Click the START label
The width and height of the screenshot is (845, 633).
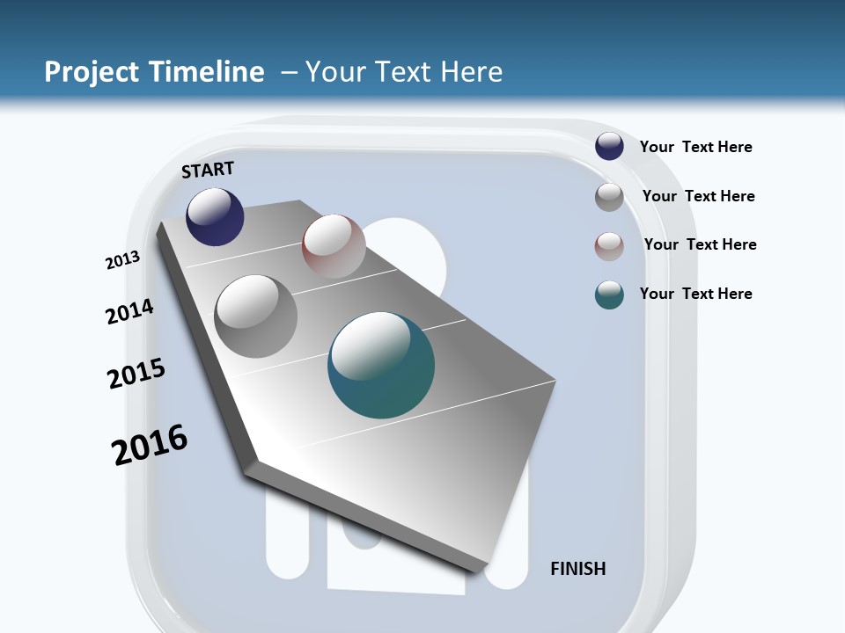[208, 170]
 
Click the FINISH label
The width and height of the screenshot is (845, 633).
[577, 569]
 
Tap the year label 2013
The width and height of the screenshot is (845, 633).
[123, 260]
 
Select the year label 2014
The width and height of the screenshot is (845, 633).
[129, 311]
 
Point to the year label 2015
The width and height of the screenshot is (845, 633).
[136, 374]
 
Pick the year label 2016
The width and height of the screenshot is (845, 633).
[150, 444]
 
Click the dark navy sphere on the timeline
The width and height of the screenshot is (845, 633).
[215, 216]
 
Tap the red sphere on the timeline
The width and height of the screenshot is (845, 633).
[334, 245]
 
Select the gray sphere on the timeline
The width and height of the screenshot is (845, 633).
[256, 316]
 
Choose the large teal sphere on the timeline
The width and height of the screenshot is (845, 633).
[381, 365]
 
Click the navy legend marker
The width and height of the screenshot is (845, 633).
[609, 146]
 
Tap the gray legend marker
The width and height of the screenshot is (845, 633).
[609, 197]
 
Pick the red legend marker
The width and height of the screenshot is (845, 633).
[609, 246]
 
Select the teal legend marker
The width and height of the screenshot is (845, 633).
[609, 295]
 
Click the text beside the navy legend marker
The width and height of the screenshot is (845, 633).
[695, 147]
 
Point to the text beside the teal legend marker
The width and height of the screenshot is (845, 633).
[695, 294]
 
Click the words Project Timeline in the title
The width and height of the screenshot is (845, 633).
[154, 71]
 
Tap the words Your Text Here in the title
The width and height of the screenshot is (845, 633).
[404, 71]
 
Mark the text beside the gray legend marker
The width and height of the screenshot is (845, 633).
[698, 196]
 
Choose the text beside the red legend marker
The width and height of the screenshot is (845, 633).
[700, 244]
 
